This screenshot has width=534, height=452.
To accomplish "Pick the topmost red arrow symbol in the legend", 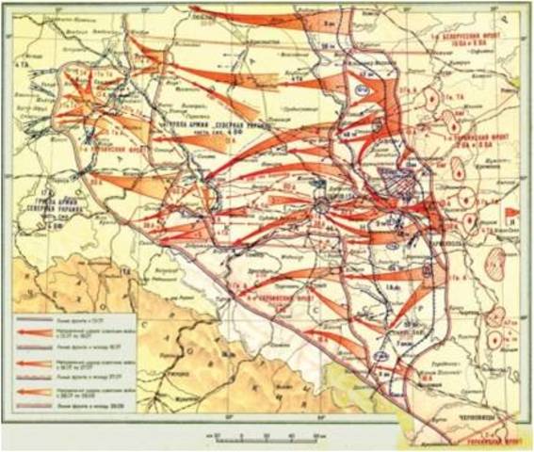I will (x=38, y=331).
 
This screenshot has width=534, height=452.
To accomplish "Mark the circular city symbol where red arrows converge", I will (x=322, y=203).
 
